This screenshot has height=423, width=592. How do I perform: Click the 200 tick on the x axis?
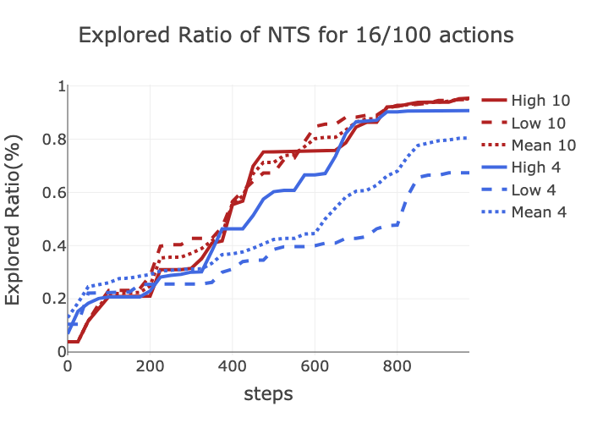150,366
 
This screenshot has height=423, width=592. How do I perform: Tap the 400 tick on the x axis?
232,366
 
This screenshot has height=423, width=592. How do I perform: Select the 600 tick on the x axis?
315,366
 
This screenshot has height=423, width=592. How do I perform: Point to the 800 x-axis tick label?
397,366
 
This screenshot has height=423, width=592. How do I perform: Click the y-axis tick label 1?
60,86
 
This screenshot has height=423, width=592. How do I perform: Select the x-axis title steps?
268,393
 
